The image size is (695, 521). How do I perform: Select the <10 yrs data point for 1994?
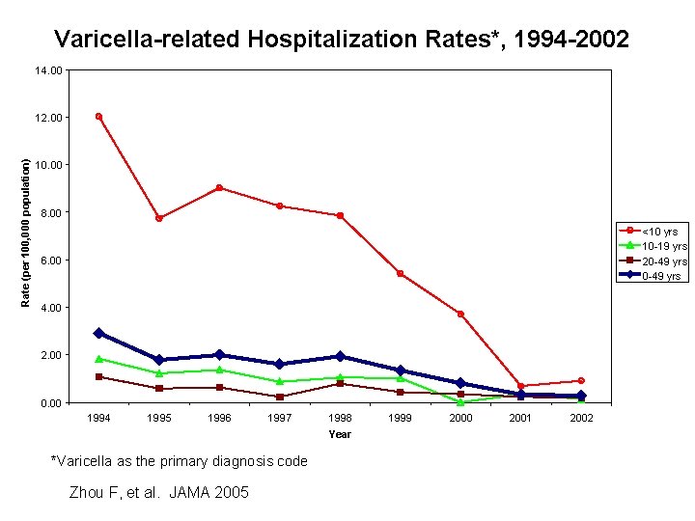click(98, 117)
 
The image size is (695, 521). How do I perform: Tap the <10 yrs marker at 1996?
click(219, 188)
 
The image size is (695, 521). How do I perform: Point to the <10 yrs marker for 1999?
click(400, 274)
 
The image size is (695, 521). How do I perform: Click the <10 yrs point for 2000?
click(460, 315)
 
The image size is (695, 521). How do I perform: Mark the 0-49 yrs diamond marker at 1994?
click(98, 333)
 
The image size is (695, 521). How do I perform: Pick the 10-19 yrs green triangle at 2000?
click(460, 401)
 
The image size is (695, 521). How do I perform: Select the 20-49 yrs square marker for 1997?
click(279, 397)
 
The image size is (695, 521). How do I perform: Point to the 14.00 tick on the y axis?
click(49, 70)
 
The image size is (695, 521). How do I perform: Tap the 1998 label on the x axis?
click(340, 418)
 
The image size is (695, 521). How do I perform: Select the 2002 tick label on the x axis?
click(581, 418)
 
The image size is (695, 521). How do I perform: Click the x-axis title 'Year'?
click(340, 434)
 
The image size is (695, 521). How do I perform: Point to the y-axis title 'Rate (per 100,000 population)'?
click(26, 233)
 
